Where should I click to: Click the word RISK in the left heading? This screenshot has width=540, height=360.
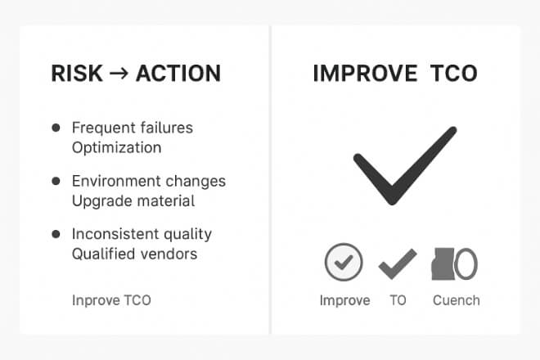pos(77,74)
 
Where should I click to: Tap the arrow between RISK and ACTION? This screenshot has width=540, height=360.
pos(119,74)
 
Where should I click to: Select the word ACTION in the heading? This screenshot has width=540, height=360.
pos(178,74)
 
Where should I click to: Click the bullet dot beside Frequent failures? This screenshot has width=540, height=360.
pos(56,128)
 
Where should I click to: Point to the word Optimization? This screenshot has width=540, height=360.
pos(117,148)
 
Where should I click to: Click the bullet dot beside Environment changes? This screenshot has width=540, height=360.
pos(56,181)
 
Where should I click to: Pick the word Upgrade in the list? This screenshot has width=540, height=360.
pos(99,201)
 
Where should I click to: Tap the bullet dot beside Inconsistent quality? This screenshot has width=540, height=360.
pos(56,234)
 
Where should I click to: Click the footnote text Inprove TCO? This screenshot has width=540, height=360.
pos(111,300)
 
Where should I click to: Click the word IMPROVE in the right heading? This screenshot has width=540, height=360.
pos(366,74)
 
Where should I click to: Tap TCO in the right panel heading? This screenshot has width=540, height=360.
pos(454,74)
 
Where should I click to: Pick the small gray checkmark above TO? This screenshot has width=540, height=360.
pos(397,265)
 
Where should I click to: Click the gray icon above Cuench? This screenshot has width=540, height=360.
pos(454,264)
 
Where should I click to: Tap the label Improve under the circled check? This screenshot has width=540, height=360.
pos(344,301)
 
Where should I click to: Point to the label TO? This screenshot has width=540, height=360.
pos(398,300)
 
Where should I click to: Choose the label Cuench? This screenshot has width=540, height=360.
pos(457,300)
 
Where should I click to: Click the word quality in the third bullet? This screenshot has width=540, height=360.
pos(187,235)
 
